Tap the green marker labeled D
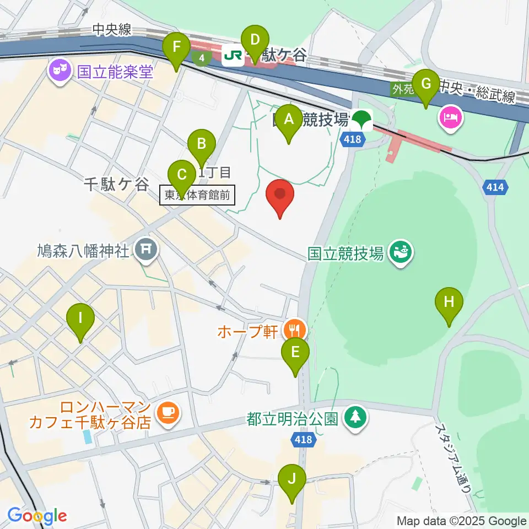[x=255, y=41]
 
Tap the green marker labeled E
[x=295, y=353]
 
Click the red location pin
[x=280, y=196]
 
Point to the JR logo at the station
[x=233, y=55]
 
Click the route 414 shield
[x=495, y=188]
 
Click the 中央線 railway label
[x=112, y=30]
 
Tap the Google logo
[x=37, y=516]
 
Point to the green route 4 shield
[x=202, y=57]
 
